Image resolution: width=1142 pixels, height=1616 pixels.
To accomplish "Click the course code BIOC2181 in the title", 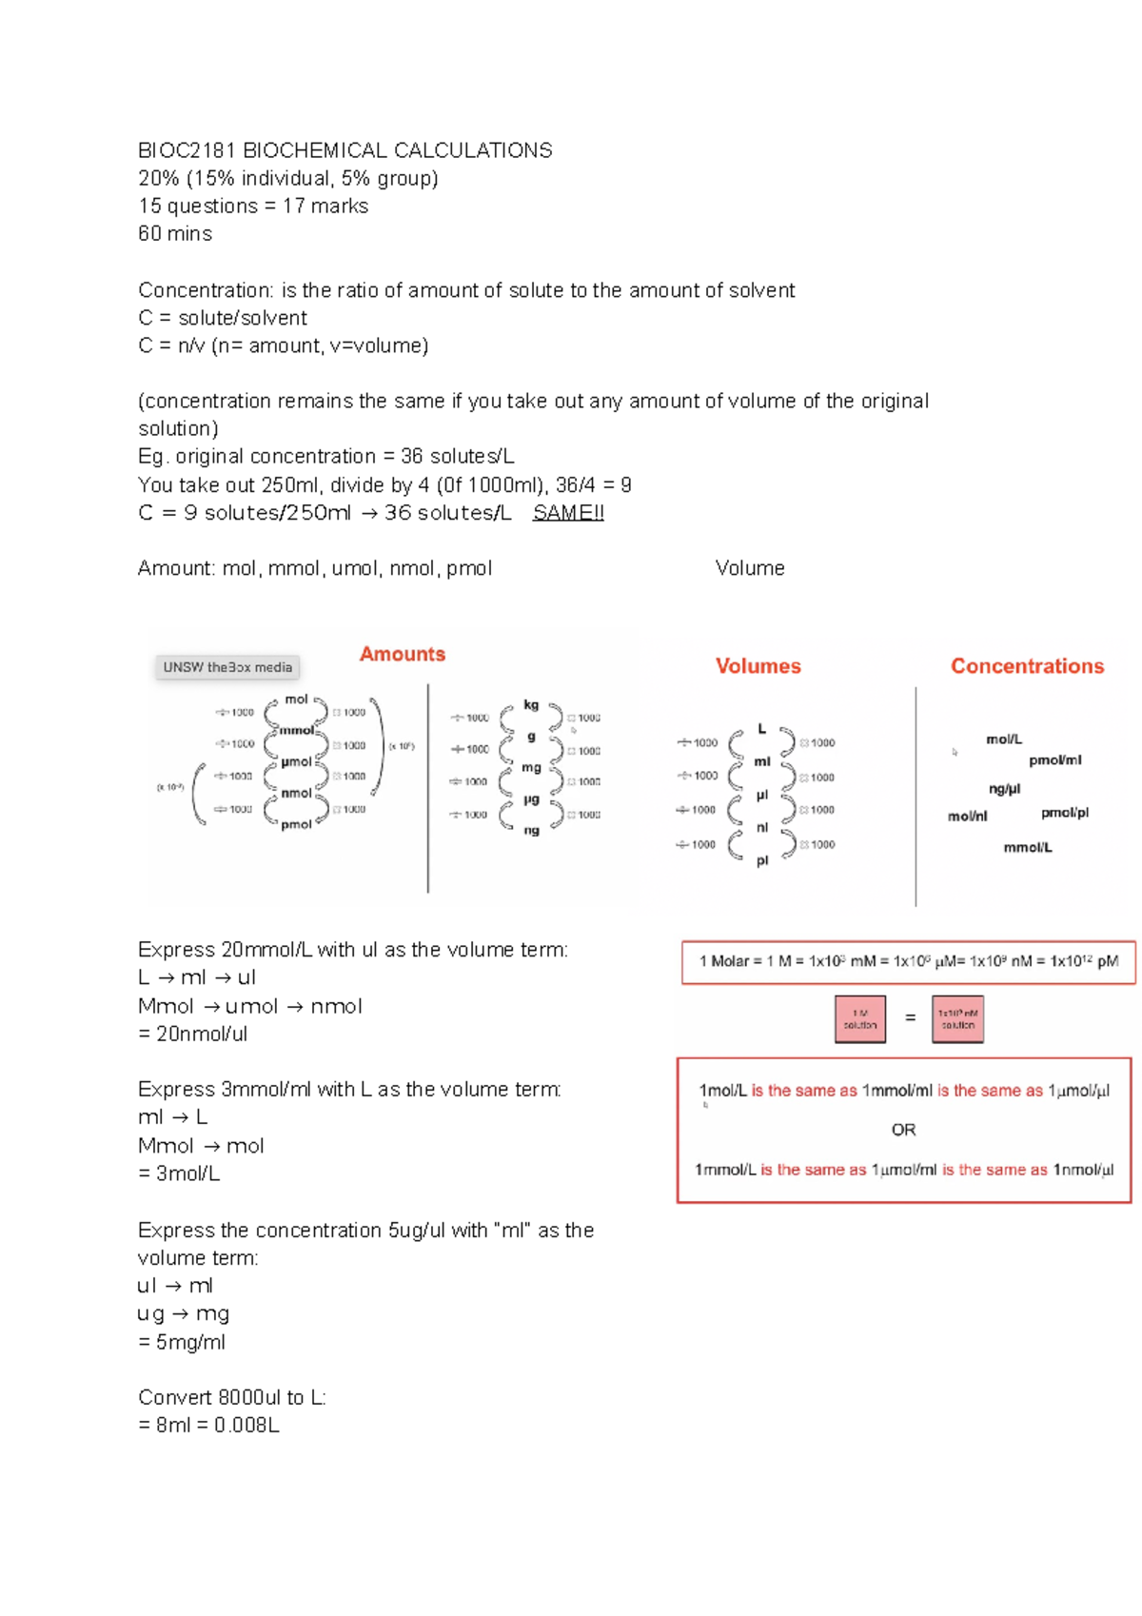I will coord(187,150).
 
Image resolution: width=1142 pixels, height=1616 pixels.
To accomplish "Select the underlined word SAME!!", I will coord(568,513).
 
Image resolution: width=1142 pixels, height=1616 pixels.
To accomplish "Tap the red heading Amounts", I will coord(402,654).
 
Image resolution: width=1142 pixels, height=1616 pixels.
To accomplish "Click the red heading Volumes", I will coord(758,666).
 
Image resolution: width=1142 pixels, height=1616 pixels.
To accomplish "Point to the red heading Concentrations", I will coord(1027,666).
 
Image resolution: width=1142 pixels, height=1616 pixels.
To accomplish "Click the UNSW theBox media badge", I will coord(227,667).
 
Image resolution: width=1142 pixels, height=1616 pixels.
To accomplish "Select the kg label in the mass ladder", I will coord(531,705).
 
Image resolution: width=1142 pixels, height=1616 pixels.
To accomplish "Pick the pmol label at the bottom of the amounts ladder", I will coord(296,824).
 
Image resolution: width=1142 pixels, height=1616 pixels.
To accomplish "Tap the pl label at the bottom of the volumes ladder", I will coord(762,860).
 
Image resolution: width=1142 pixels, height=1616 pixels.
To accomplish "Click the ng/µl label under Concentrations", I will coord(1004,788).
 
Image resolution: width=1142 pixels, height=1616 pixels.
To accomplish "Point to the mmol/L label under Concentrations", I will coord(1027,847).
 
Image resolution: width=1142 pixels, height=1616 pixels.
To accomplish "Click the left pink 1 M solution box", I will coord(859,1019).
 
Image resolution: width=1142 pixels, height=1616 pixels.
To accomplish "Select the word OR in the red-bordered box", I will coord(903,1130).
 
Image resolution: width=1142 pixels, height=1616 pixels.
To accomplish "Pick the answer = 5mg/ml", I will coord(182,1342).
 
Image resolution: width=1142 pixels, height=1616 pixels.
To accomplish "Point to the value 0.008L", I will coord(246,1425).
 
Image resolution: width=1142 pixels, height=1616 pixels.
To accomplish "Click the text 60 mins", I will coord(175,233).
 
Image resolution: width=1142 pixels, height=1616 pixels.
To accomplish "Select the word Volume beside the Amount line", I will coord(750,568).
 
